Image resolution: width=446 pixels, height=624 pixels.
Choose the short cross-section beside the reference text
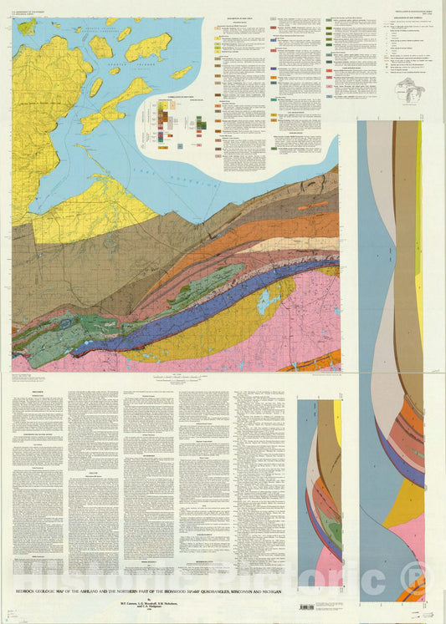point(320,484)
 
